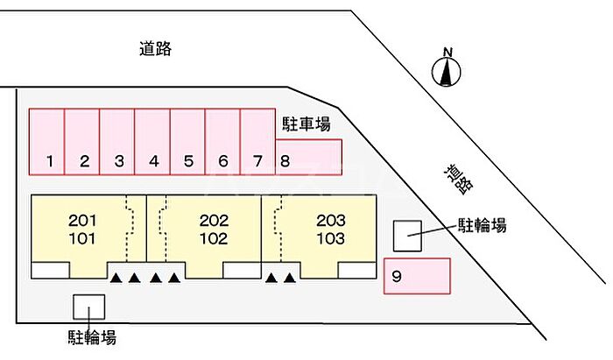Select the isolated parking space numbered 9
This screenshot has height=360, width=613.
tap(417, 276)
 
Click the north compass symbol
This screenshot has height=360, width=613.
tap(447, 70)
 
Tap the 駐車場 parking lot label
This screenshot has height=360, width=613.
tap(306, 124)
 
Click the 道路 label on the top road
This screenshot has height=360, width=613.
tap(155, 49)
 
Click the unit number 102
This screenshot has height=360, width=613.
tap(214, 237)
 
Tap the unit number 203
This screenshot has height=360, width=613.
tap(331, 220)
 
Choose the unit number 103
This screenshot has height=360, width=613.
tap(331, 237)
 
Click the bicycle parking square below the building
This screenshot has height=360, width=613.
tap(88, 307)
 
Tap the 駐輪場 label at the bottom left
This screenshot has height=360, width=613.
tap(92, 336)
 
